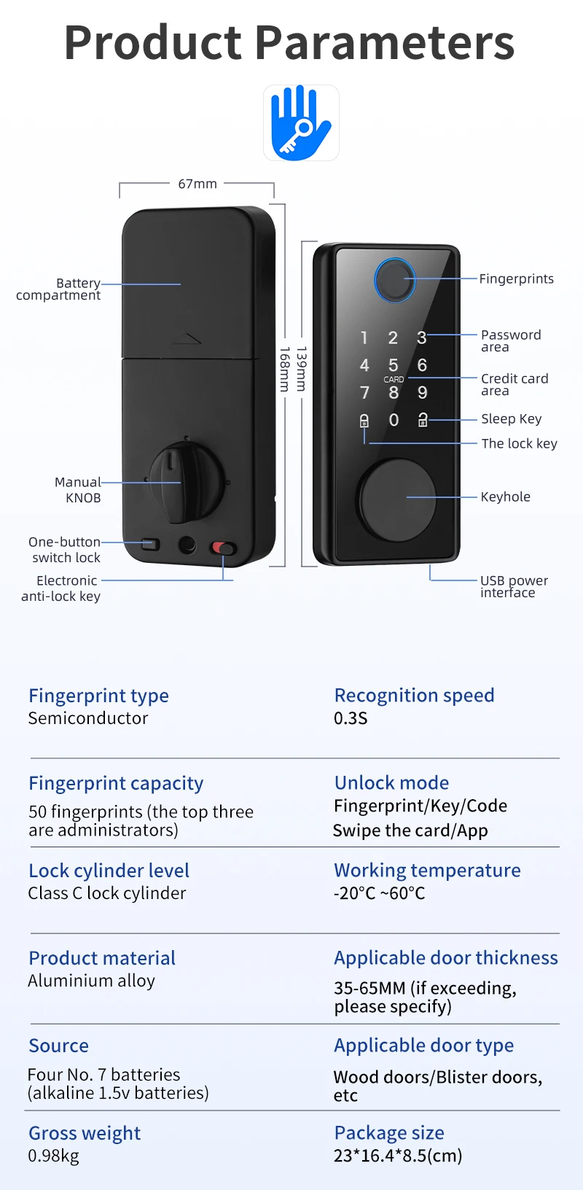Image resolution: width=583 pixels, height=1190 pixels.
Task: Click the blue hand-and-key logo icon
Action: [301, 122]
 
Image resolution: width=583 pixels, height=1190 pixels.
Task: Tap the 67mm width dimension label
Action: [197, 184]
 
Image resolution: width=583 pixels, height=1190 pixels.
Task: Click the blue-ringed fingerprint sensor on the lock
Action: [394, 279]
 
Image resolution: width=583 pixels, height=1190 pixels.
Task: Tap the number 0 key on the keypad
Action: [394, 420]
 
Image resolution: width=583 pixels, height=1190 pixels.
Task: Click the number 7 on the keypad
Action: [364, 393]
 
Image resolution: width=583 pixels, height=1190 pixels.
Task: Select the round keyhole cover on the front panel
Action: [396, 499]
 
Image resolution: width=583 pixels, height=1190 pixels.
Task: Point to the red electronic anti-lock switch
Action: [223, 548]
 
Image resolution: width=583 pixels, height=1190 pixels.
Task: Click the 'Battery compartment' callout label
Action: [58, 289]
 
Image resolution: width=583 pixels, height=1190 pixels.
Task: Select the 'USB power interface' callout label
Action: [514, 586]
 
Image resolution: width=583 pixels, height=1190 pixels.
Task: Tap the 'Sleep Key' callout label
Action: [511, 419]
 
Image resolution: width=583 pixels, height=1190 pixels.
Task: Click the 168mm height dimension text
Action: [285, 369]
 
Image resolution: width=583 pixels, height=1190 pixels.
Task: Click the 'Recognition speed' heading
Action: [414, 695]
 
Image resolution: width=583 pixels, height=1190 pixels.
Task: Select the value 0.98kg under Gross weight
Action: [53, 1156]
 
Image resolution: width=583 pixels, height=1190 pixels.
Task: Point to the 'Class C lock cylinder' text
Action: [107, 893]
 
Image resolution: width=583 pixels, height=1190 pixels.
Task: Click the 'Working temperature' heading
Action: [427, 870]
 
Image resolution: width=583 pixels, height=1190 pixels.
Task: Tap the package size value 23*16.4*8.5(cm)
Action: [398, 1156]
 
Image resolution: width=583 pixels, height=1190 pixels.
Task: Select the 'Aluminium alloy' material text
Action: [91, 981]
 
